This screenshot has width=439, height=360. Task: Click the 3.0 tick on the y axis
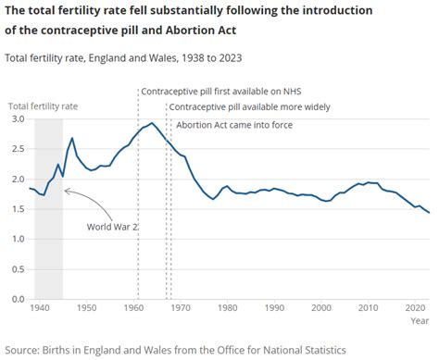pyautogui.click(x=19, y=119)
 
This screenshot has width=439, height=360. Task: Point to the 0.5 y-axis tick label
pyautogui.click(x=19, y=269)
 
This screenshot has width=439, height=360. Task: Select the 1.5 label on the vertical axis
pyautogui.click(x=19, y=209)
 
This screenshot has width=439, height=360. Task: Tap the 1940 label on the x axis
pyautogui.click(x=40, y=307)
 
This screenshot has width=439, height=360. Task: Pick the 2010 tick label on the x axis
pyautogui.click(x=368, y=307)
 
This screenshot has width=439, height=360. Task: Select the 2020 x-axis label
pyautogui.click(x=414, y=307)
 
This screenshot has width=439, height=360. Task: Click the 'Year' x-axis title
pyautogui.click(x=420, y=320)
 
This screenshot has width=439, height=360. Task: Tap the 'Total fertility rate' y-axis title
pyautogui.click(x=44, y=106)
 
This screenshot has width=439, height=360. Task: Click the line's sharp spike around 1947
pyautogui.click(x=71, y=138)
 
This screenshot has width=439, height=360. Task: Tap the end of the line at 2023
pyautogui.click(x=429, y=213)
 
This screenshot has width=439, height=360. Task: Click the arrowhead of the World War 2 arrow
pyautogui.click(x=66, y=189)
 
